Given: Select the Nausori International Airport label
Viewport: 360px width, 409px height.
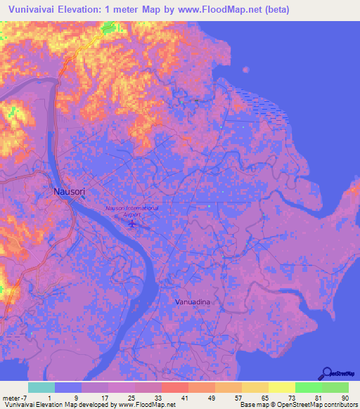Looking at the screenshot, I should (x=131, y=208).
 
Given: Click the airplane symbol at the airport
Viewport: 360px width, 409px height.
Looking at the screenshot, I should (x=132, y=223).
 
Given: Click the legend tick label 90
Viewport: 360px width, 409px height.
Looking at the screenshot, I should (x=345, y=397).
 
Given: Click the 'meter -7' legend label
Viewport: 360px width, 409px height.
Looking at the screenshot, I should (x=14, y=397).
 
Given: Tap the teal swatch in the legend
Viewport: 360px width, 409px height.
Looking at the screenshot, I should (x=41, y=387).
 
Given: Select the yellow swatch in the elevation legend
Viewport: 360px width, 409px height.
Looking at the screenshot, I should (x=282, y=387).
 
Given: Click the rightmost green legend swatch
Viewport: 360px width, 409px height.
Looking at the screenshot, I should (x=335, y=387).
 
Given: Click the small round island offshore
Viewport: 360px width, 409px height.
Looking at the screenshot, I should (x=245, y=70).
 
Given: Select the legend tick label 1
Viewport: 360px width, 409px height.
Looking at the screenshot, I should (x=49, y=397).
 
